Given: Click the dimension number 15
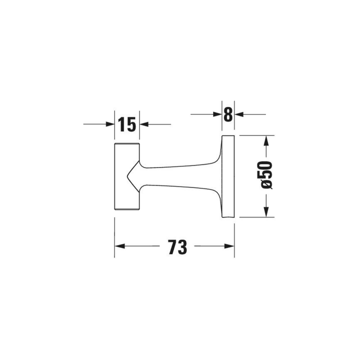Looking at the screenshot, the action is coord(127,124).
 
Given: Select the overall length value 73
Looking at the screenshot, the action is coord(177,247).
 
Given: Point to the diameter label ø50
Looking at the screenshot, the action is coord(266,174).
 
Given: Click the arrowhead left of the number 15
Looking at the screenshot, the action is coord(110,124).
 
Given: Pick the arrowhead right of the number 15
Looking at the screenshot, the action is coord(144,124).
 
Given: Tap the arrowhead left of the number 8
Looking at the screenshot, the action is coord(217,114).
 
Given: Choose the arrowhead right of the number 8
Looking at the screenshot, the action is coord(239,114).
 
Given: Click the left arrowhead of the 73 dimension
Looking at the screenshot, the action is coord(119,246).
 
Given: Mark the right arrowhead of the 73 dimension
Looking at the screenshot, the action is coord(229,246).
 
